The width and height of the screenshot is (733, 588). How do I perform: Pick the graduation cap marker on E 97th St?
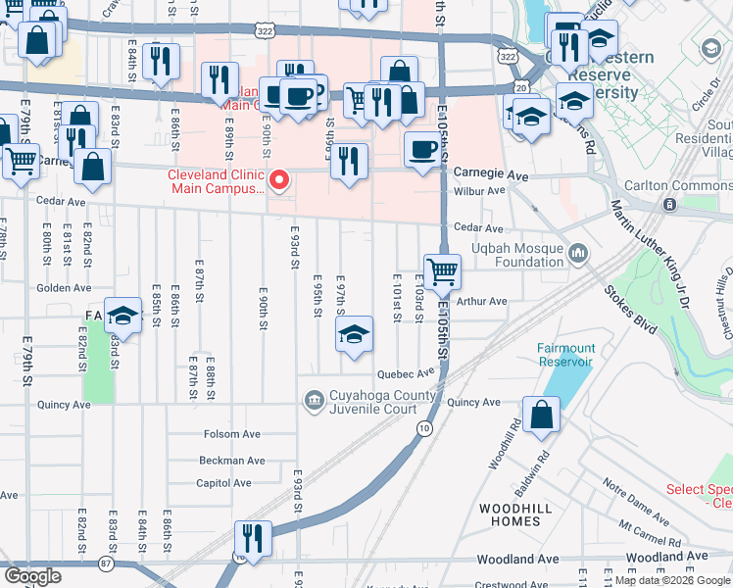tap(354, 335)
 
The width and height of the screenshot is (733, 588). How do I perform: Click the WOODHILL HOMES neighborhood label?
tap(509, 514)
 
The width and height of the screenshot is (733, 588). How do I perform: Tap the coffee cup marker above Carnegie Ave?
tap(422, 150)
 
